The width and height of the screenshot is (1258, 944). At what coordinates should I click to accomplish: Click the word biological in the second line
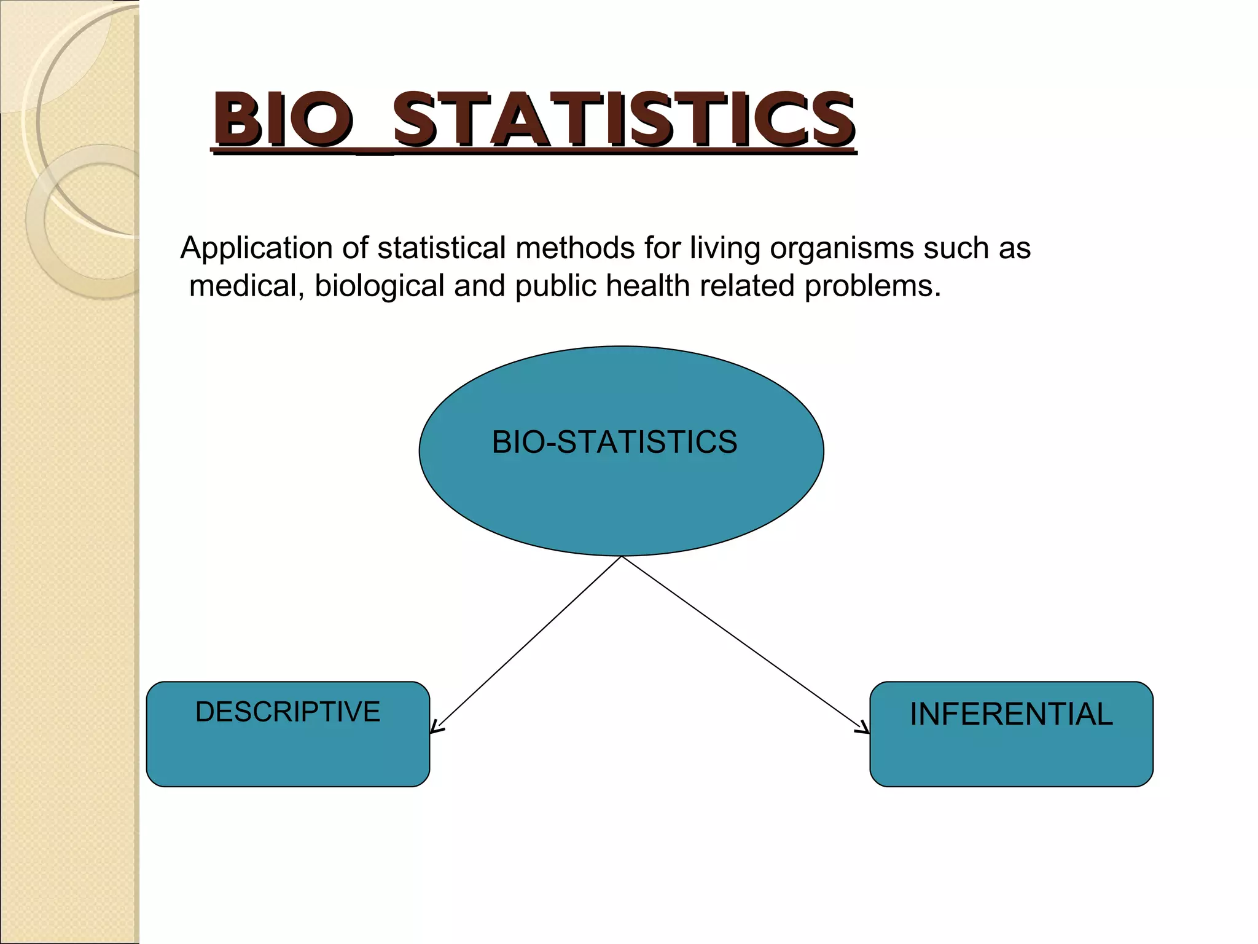tap(379, 286)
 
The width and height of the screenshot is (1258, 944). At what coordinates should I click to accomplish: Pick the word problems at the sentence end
tap(872, 286)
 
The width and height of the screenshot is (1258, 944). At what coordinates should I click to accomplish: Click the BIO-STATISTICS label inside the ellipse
tap(614, 442)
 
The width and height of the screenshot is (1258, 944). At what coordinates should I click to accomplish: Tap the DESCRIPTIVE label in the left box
tap(287, 712)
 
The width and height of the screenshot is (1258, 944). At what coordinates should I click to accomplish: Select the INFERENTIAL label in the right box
tap(1011, 714)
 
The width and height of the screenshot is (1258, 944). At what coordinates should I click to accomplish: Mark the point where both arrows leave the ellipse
tap(622, 556)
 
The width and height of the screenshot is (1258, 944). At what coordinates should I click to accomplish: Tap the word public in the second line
tap(555, 286)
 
